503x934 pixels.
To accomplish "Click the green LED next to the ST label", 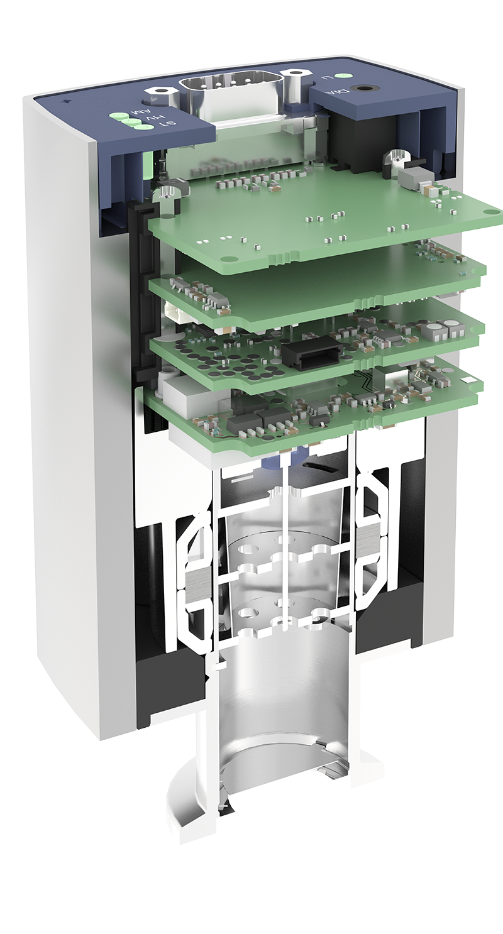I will coord(143,128).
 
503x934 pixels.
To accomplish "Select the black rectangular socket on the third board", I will coord(312,351).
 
